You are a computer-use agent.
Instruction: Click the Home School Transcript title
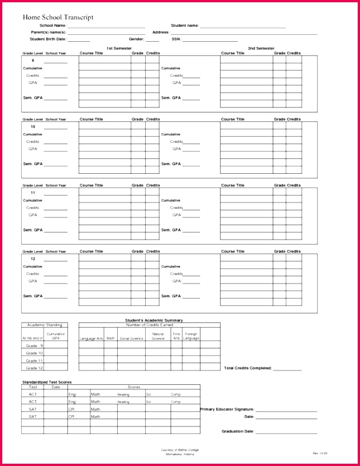[58, 18]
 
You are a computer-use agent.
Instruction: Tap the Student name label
[185, 26]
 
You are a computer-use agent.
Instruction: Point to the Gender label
[136, 39]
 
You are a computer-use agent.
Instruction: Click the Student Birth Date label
[48, 39]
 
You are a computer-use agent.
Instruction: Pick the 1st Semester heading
[119, 49]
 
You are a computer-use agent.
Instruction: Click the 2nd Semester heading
[261, 49]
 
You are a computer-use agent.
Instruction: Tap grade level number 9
[33, 61]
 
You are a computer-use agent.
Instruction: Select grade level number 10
[33, 126]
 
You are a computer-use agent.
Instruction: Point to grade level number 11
[33, 193]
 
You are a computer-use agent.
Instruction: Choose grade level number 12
[33, 258]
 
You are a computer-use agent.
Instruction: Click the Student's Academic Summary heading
[154, 320]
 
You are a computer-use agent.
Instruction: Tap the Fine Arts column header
[176, 336]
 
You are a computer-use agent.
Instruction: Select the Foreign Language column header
[191, 336]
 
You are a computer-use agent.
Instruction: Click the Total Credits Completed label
[247, 368]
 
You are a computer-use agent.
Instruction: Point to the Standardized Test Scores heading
[47, 382]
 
